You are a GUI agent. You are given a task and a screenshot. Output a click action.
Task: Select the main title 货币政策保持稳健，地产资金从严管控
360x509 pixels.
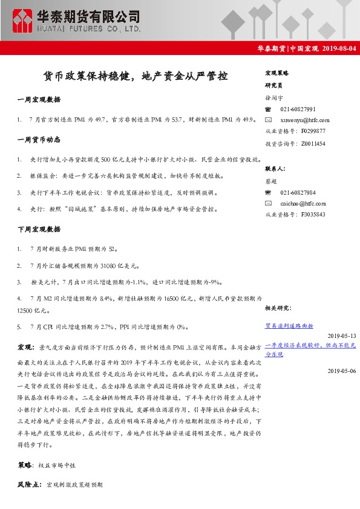[x=134, y=77]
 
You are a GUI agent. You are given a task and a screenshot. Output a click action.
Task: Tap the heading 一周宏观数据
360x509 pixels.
[x=39, y=99]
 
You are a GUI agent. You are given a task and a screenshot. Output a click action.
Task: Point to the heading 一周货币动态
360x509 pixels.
[x=39, y=140]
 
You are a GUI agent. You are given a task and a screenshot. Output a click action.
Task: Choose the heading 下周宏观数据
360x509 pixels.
[x=39, y=230]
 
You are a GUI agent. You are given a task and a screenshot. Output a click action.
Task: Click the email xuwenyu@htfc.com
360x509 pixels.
[x=305, y=120]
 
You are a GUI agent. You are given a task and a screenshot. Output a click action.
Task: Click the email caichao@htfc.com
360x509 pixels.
[x=303, y=204]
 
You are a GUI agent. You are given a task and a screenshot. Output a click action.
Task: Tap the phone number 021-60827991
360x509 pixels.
[x=298, y=109]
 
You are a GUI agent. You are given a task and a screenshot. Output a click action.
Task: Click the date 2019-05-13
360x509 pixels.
[x=342, y=336]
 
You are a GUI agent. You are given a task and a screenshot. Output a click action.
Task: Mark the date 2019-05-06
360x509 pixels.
[x=342, y=371]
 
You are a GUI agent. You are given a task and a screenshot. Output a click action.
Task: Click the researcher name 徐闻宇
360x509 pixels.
[x=273, y=98]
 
